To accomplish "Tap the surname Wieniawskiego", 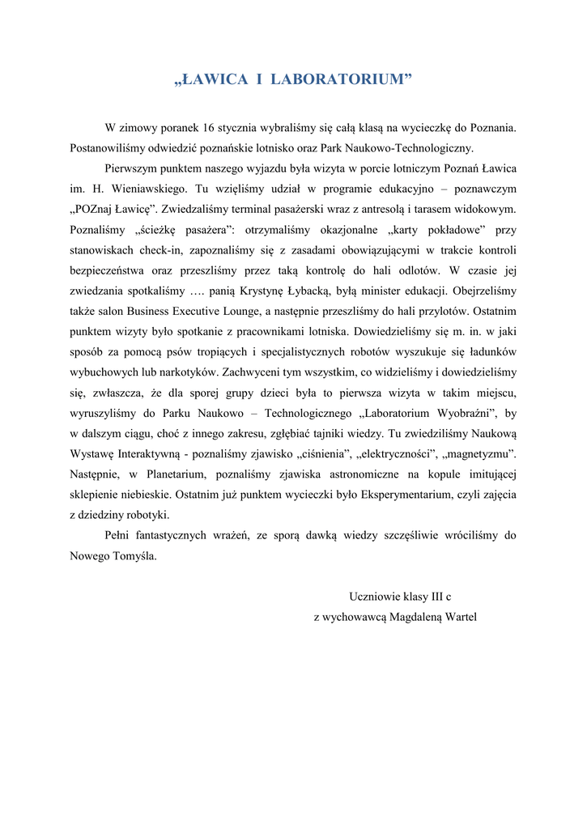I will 151,188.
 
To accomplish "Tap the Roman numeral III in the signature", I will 438,597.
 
